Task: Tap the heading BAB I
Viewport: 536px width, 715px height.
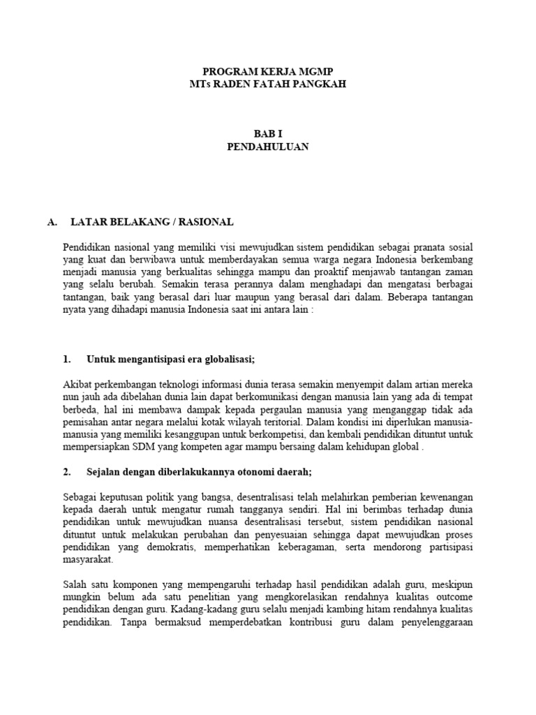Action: coord(268,134)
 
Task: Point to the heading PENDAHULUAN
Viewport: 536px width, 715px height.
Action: coord(268,147)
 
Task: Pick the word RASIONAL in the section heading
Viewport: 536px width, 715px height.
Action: coord(206,222)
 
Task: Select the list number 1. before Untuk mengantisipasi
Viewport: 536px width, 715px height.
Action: coord(67,360)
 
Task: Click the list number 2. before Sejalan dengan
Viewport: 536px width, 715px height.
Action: coord(67,472)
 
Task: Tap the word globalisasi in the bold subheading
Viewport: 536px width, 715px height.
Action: coord(229,360)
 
